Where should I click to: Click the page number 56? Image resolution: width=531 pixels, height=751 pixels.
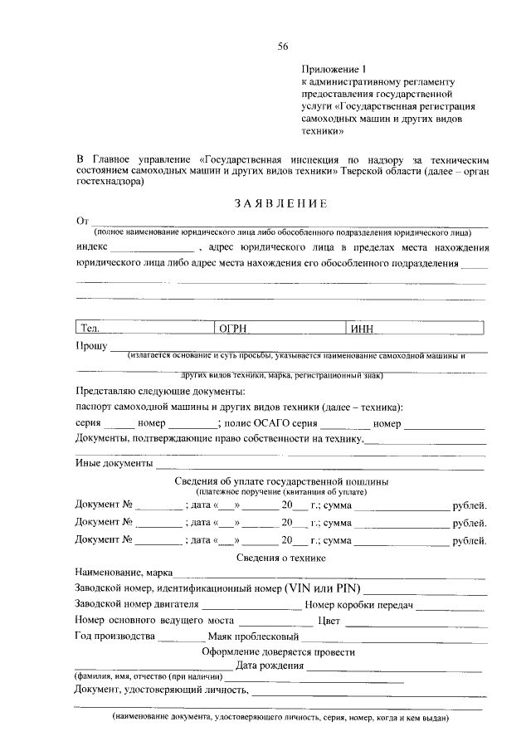[x=282, y=46]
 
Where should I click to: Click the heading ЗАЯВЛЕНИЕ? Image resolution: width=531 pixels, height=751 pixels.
[x=280, y=204]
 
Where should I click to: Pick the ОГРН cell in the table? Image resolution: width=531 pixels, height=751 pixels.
[x=280, y=329]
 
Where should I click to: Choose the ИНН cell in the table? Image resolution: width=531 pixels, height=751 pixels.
[x=417, y=329]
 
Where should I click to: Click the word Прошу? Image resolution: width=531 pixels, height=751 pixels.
[x=91, y=344]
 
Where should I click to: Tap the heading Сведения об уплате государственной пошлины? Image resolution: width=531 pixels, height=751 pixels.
[x=281, y=481]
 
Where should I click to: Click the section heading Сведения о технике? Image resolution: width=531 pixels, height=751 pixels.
[x=281, y=558]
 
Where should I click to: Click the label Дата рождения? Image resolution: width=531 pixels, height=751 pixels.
[x=269, y=667]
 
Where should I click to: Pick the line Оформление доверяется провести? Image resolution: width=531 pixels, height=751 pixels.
[x=281, y=652]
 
